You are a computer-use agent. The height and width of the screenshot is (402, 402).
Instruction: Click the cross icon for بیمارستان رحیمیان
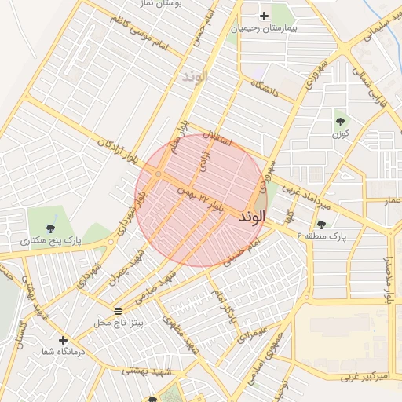(x=264, y=16)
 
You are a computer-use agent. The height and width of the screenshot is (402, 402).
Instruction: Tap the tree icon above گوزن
(x=340, y=121)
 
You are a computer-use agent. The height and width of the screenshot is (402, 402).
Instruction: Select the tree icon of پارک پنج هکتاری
(x=51, y=227)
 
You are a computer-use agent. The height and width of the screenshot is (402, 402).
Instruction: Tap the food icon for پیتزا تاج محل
(x=118, y=311)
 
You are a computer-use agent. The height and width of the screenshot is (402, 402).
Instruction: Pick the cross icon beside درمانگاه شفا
(x=63, y=341)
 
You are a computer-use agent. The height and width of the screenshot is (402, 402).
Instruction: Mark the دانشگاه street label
(x=266, y=90)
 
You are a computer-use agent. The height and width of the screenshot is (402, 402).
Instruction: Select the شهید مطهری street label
(x=180, y=332)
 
